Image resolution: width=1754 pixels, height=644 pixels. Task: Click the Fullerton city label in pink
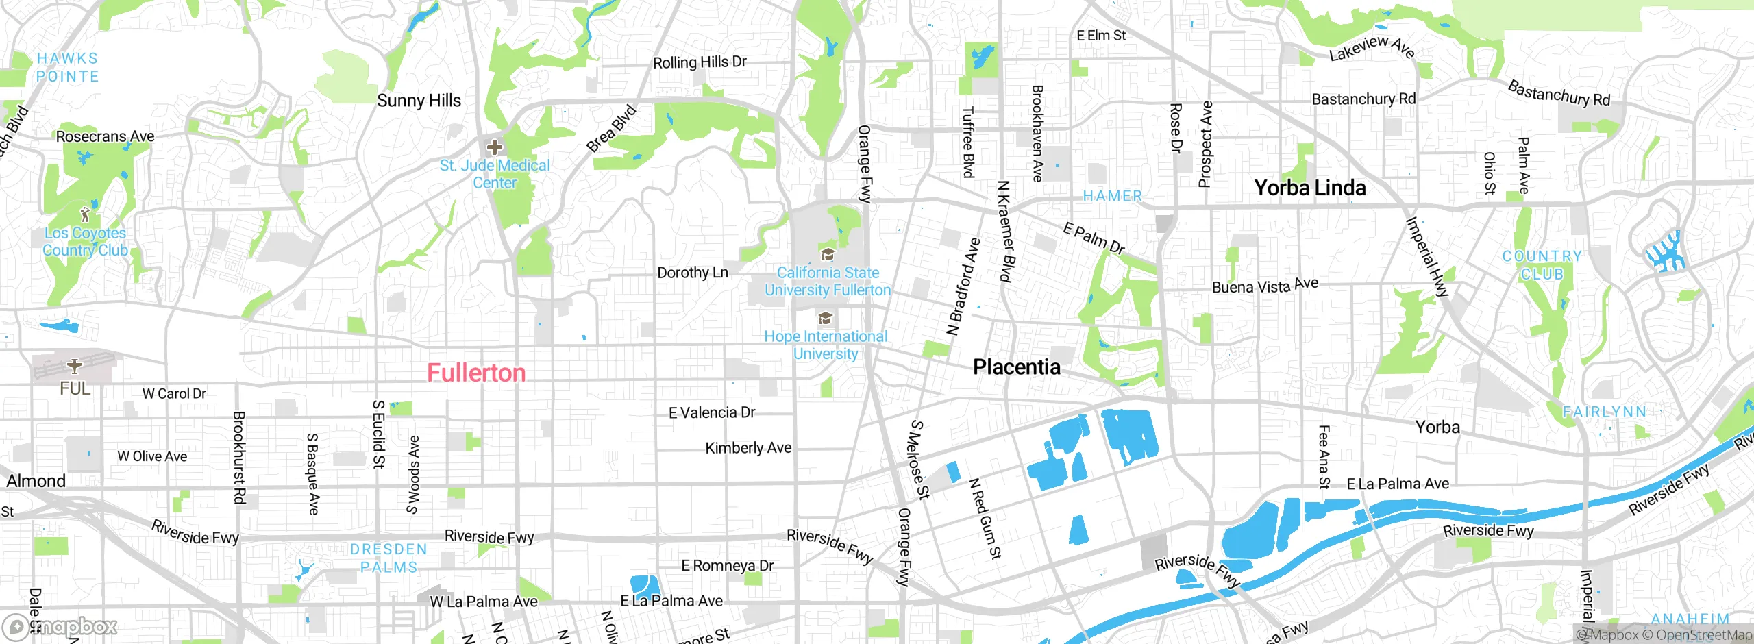476,373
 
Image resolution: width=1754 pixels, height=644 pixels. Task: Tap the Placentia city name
1016,367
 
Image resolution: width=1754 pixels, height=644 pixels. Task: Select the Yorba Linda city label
1309,188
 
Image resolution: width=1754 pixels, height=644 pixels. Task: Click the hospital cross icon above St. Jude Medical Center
494,147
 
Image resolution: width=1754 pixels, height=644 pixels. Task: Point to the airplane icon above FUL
75,366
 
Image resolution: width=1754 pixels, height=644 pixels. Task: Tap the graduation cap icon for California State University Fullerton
828,256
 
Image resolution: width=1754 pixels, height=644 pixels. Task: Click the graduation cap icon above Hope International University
826,319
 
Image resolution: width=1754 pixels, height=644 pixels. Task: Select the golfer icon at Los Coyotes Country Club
85,215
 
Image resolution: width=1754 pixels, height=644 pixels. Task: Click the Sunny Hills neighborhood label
419,101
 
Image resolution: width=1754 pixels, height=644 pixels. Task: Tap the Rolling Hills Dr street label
699,62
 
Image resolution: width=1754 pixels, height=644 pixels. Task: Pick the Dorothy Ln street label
692,273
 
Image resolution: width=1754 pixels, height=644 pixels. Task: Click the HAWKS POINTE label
67,67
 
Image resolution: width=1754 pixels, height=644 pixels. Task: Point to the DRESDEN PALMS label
388,558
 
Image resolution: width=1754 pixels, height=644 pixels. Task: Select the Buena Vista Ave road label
1265,286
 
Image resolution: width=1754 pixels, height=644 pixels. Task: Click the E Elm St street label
1100,36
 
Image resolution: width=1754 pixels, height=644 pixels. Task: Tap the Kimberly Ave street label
748,448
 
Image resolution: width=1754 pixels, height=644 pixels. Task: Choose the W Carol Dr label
174,394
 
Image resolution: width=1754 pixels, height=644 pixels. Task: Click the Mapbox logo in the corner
60,627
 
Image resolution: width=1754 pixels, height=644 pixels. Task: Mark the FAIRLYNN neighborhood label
1604,412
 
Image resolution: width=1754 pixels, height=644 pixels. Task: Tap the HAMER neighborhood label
1112,196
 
